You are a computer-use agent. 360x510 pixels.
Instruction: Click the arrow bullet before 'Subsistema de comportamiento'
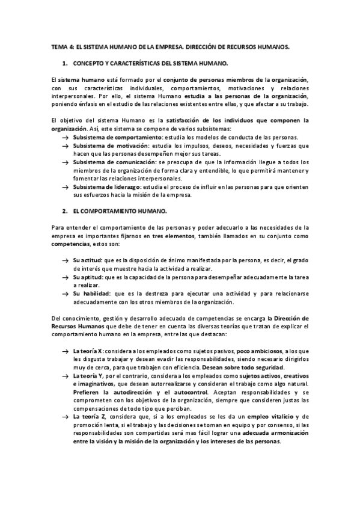click(x=65, y=138)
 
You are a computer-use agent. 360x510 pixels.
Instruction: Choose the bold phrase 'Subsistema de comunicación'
click(x=112, y=162)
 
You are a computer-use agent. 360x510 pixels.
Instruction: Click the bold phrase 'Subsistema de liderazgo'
click(x=106, y=187)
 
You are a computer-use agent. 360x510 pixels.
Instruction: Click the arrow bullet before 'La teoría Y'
click(x=65, y=375)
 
